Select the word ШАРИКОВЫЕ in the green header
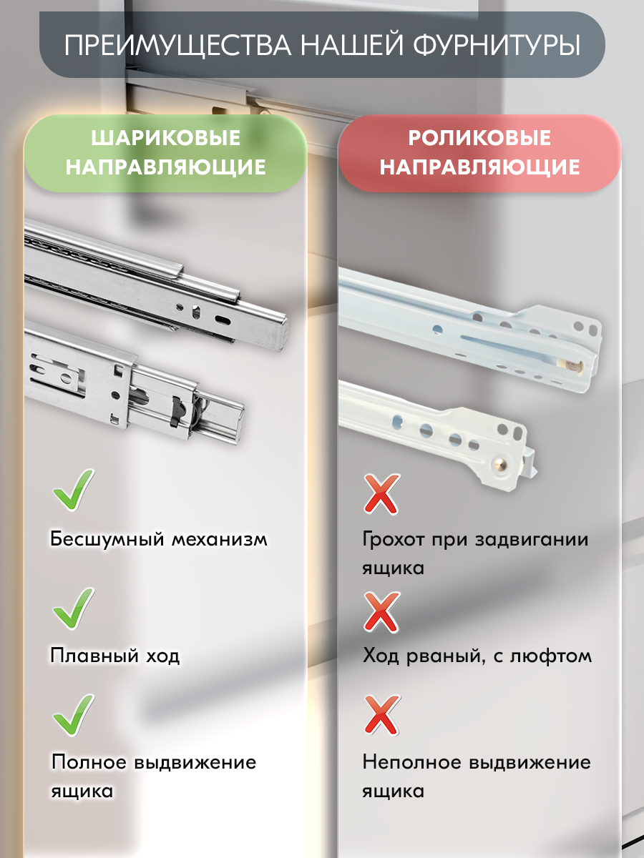click(165, 138)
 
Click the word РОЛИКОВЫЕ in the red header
click(479, 138)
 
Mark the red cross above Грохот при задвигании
click(381, 494)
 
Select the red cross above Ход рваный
click(381, 611)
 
